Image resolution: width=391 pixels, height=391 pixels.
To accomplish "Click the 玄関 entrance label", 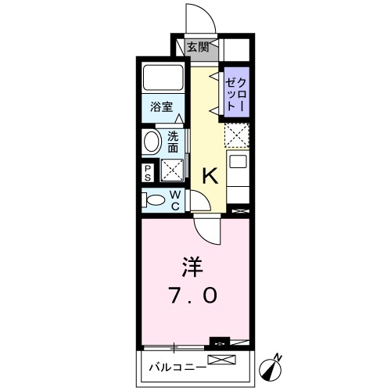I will pyautogui.click(x=197, y=46).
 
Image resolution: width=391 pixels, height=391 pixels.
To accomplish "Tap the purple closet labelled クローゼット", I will pyautogui.click(x=236, y=93).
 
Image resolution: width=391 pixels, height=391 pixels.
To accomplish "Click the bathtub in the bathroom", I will pyautogui.click(x=163, y=80).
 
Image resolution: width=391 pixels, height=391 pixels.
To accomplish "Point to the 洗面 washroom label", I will pyautogui.click(x=173, y=141).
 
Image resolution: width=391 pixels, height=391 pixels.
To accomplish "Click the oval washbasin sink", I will pyautogui.click(x=152, y=142).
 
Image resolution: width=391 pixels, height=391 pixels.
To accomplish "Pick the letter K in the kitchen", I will pyautogui.click(x=210, y=177).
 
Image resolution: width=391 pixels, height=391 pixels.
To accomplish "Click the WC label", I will pyautogui.click(x=174, y=199).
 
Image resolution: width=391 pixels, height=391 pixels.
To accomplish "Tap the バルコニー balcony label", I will pyautogui.click(x=177, y=366).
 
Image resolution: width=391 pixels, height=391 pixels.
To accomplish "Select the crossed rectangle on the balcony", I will pyautogui.click(x=221, y=361).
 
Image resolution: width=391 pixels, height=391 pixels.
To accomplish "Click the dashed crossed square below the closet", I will pyautogui.click(x=236, y=136).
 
